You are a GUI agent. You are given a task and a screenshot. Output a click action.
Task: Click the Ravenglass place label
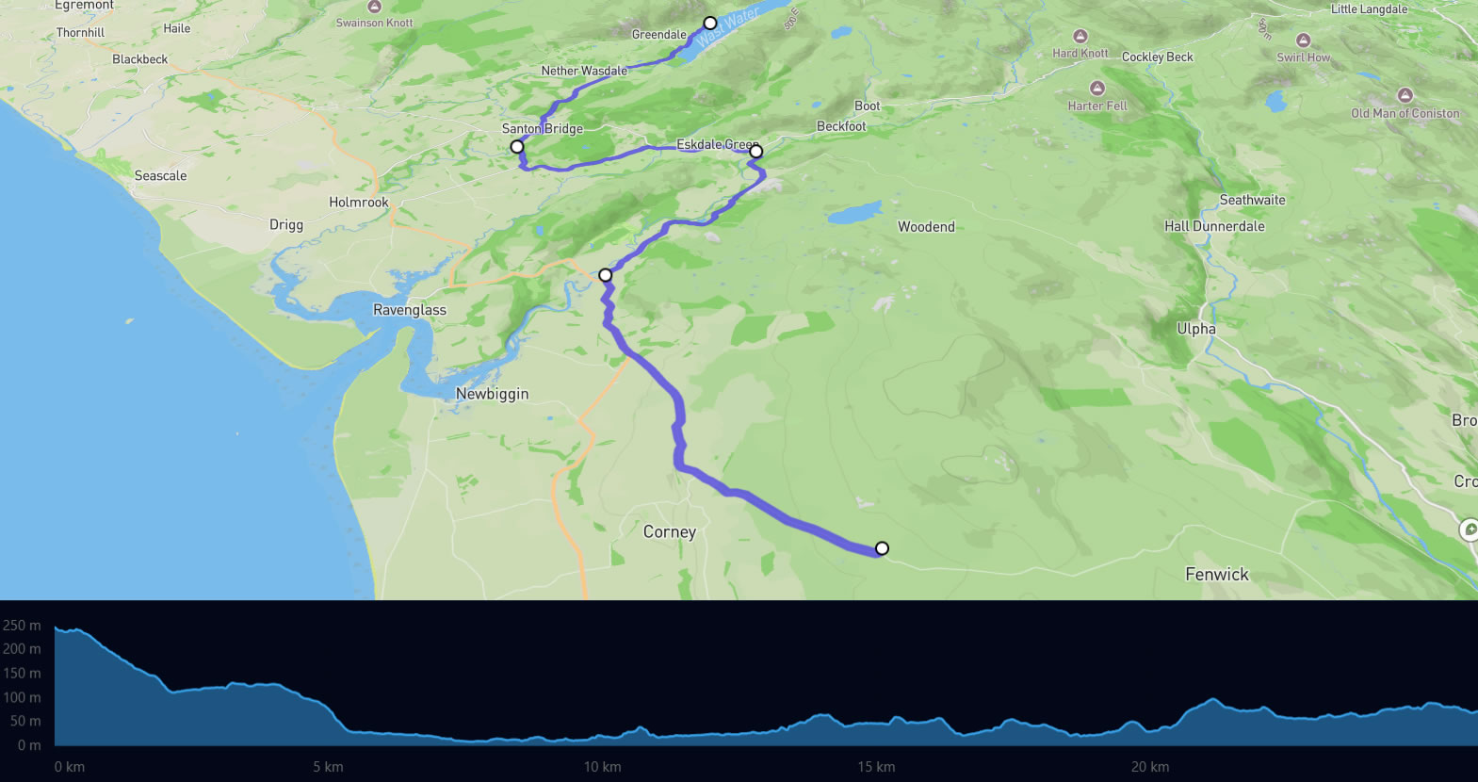pos(410,310)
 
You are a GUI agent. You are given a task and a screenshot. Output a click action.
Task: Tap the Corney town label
pos(670,532)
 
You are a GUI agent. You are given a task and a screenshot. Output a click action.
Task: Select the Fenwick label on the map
pos(1216,575)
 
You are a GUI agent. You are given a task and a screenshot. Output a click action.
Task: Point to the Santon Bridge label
pos(543,129)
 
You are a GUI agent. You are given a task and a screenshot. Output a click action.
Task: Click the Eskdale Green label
pos(716,144)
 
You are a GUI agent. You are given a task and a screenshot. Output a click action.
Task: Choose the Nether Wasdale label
pos(584,71)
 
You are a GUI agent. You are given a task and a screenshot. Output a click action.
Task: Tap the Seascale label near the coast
pos(160,176)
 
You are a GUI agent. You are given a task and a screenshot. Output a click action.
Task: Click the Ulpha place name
pos(1195,329)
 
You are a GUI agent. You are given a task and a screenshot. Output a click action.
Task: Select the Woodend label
pos(926,227)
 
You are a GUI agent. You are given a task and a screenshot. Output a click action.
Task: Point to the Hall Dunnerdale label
pos(1214,226)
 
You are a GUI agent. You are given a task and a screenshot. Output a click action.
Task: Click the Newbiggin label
pos(492,394)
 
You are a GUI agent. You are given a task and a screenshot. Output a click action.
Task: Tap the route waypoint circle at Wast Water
pos(710,23)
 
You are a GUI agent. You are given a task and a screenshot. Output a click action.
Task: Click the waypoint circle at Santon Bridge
pos(517,147)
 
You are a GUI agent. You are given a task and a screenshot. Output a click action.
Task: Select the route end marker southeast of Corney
pos(882,548)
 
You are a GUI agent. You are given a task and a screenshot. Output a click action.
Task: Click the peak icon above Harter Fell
pos(1096,89)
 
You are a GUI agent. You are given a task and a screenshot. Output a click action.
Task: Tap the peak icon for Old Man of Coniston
pos(1405,95)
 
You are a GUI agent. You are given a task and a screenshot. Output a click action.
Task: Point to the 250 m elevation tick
pos(22,626)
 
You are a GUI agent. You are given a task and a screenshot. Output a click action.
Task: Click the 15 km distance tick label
pos(876,767)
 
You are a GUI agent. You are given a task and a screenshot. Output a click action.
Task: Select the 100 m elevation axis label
pos(22,697)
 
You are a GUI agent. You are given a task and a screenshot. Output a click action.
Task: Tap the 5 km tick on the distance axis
pos(328,767)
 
